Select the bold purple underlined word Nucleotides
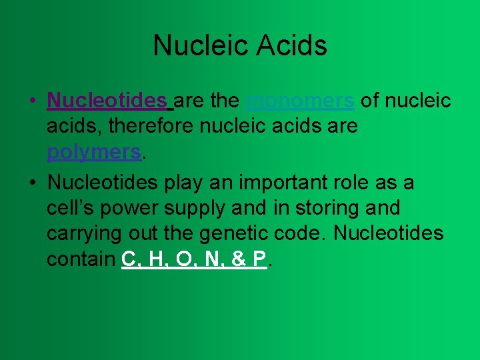pyautogui.click(x=107, y=101)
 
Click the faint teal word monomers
pyautogui.click(x=300, y=101)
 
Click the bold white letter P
pyautogui.click(x=259, y=259)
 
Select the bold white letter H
pyautogui.click(x=155, y=259)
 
